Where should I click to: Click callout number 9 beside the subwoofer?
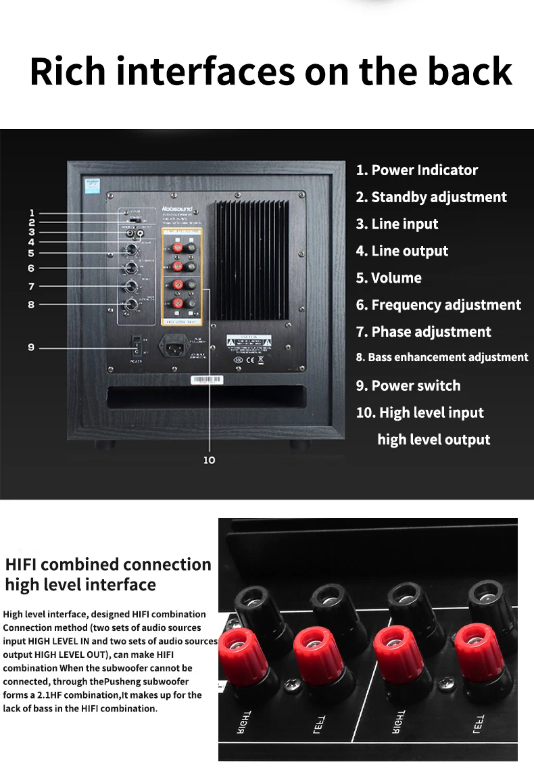31,348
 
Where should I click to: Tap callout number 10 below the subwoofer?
209,460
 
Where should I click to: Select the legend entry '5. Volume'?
389,278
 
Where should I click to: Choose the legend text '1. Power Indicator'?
417,170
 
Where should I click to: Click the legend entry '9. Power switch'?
408,386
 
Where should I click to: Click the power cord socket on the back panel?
172,348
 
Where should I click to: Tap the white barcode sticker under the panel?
207,380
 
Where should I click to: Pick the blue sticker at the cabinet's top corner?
90,185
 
